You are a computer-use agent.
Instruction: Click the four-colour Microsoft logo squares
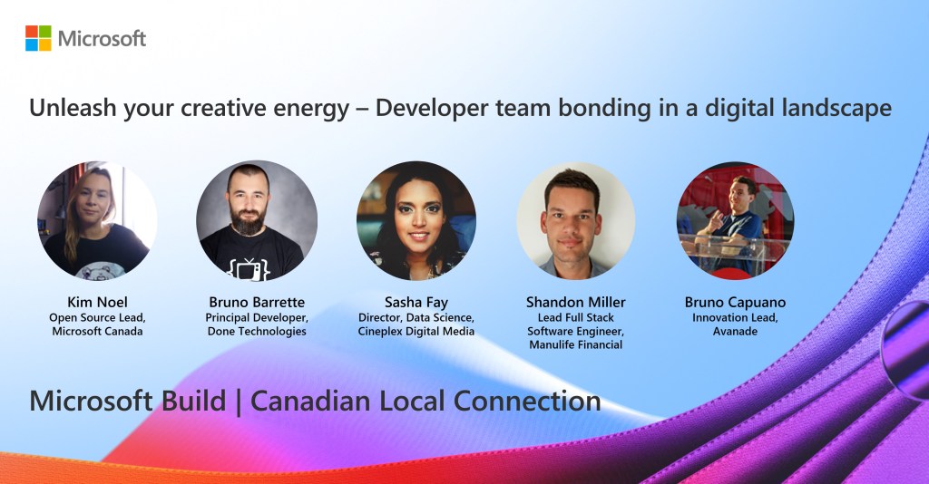[38, 38]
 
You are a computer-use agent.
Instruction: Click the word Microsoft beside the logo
[102, 38]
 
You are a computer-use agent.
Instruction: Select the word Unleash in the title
[73, 108]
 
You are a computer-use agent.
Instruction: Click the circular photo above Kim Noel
[97, 220]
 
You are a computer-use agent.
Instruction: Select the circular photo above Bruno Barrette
[257, 220]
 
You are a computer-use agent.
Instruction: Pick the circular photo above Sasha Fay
[416, 220]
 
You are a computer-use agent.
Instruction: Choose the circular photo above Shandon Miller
[575, 220]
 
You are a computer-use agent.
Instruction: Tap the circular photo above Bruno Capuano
[735, 220]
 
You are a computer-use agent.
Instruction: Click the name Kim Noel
[97, 302]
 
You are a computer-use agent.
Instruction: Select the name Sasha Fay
[416, 303]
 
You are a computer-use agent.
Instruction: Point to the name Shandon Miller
[576, 302]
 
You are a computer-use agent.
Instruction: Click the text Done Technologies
[257, 332]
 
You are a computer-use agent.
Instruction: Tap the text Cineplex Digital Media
[416, 332]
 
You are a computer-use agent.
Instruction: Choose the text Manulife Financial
[576, 345]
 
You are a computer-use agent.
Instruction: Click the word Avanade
[735, 332]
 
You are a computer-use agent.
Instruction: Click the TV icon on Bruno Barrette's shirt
[249, 268]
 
